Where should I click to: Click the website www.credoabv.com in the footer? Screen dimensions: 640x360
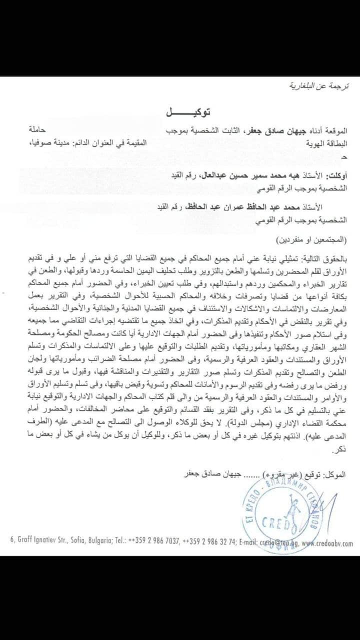point(327,543)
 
